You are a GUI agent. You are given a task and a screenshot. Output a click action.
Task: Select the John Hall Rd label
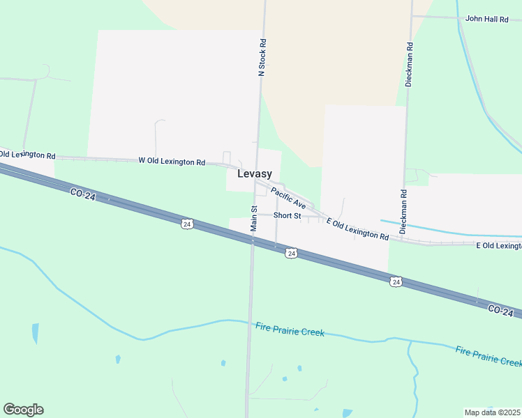click(486, 19)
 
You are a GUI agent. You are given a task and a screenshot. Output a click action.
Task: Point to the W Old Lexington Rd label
click(172, 162)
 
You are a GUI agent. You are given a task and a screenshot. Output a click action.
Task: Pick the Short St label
click(287, 216)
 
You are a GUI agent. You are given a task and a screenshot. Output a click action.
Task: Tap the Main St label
click(254, 218)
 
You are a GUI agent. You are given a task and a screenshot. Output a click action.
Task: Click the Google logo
click(23, 410)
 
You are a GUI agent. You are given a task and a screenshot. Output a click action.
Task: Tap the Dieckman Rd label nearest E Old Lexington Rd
click(403, 211)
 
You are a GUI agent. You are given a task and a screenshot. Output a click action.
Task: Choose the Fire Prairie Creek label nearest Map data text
click(488, 356)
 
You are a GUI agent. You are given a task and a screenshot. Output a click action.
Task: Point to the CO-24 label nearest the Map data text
click(500, 309)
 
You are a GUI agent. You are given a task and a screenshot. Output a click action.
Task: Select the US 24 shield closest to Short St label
click(292, 254)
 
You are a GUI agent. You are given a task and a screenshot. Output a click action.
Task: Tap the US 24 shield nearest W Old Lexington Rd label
click(186, 224)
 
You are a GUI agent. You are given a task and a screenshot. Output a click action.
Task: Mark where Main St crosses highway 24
click(252, 240)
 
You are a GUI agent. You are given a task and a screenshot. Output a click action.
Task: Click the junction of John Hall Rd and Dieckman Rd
click(412, 16)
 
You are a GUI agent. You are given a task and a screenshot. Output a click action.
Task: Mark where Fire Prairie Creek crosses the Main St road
click(249, 323)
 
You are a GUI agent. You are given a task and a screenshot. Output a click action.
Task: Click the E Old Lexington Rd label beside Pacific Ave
click(357, 229)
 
